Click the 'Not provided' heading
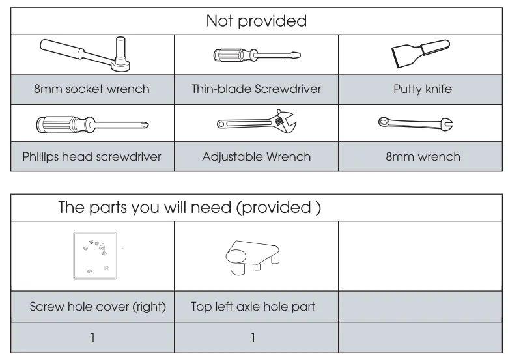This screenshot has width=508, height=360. pyautogui.click(x=256, y=21)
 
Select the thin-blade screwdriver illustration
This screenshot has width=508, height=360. pyautogui.click(x=257, y=55)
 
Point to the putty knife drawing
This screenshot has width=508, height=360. pyautogui.click(x=421, y=54)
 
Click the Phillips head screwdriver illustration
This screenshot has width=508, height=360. pyautogui.click(x=92, y=124)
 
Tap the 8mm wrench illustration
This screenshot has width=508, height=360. pyautogui.click(x=416, y=123)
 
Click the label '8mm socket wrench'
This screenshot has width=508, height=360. pyautogui.click(x=92, y=89)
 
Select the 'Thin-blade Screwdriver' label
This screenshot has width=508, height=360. pyautogui.click(x=256, y=89)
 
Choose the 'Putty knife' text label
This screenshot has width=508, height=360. pyautogui.click(x=423, y=89)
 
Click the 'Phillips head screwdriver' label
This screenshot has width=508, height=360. pyautogui.click(x=92, y=157)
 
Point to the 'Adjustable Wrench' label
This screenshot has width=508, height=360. pyautogui.click(x=256, y=157)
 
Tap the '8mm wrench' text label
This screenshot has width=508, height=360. pyautogui.click(x=423, y=157)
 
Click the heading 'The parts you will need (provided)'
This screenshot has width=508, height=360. pyautogui.click(x=190, y=207)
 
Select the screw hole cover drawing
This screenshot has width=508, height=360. pyautogui.click(x=94, y=256)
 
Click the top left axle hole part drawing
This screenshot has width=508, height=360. pyautogui.click(x=253, y=258)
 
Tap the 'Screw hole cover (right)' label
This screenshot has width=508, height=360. pyautogui.click(x=98, y=307)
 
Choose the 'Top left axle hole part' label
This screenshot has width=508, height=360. pyautogui.click(x=253, y=306)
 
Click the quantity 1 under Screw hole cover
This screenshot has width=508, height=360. pyautogui.click(x=92, y=338)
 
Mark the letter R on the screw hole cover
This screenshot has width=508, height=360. pyautogui.click(x=106, y=268)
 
